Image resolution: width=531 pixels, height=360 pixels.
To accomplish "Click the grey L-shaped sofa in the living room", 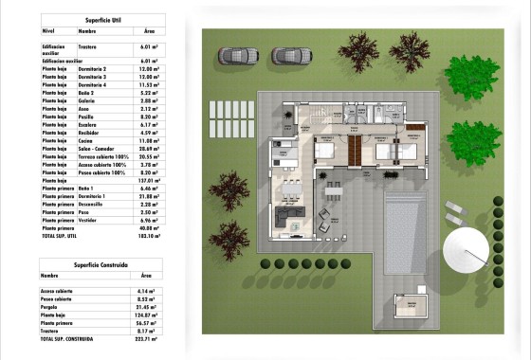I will [x=288, y=220].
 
